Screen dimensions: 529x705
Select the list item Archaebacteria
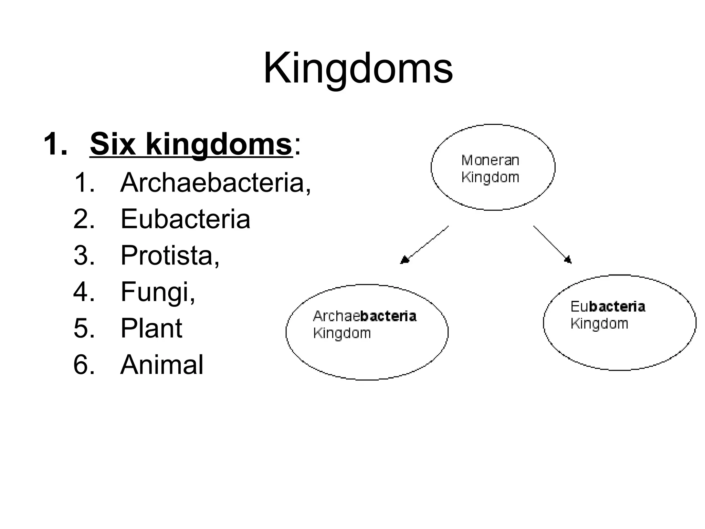[215, 183]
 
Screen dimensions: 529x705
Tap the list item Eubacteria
[185, 219]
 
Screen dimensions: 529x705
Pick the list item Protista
[169, 256]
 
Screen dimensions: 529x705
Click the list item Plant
[151, 328]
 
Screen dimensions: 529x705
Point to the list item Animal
[162, 364]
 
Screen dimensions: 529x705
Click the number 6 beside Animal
[84, 364]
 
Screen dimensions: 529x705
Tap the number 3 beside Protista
[84, 256]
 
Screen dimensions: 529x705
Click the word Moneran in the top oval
[490, 160]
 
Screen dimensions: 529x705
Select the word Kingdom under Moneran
[490, 177]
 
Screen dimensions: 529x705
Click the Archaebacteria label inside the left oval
[365, 316]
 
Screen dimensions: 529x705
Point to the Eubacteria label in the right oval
[608, 307]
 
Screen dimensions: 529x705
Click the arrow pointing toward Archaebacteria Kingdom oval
[424, 245]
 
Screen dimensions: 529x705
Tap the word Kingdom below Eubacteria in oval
[599, 324]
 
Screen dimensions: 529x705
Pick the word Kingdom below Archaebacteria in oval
[342, 333]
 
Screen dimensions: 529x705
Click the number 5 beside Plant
[84, 328]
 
